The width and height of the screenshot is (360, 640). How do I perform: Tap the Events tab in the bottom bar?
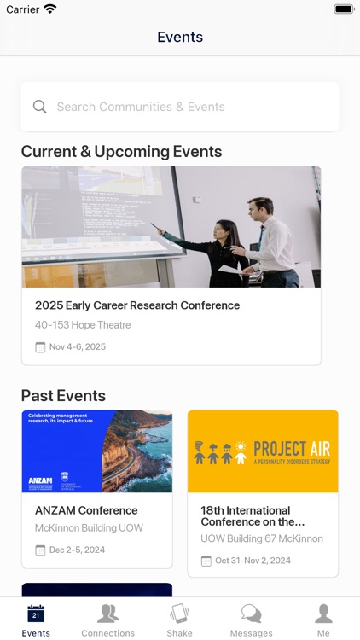pos(36,620)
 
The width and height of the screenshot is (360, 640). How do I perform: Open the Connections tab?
pos(107,620)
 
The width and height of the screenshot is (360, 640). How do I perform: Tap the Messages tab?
pos(251,620)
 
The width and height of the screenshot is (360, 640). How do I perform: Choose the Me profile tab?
pos(323,620)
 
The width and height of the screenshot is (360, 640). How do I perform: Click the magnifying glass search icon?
pos(39,107)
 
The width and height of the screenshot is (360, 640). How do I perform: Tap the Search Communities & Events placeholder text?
pos(141,107)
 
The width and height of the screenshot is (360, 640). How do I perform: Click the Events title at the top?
pos(180,37)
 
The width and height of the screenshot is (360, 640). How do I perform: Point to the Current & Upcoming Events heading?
pos(121,152)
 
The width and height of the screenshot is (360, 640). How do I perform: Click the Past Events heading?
pos(63,395)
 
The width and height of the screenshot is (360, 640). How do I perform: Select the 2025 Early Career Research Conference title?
pos(137,305)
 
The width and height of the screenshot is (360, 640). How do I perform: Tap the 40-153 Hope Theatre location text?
pos(83,325)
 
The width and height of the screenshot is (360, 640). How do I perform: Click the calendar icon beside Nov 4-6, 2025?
pos(40,347)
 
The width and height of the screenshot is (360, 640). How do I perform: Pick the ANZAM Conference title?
pos(86,510)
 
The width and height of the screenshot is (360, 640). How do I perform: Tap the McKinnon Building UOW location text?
pos(89,528)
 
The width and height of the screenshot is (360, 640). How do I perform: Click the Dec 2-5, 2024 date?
pos(77,550)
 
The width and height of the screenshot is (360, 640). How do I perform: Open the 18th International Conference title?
pos(253,515)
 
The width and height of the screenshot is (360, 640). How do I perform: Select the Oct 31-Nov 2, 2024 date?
pos(253,561)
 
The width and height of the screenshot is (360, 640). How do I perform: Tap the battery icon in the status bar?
pos(343,9)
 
